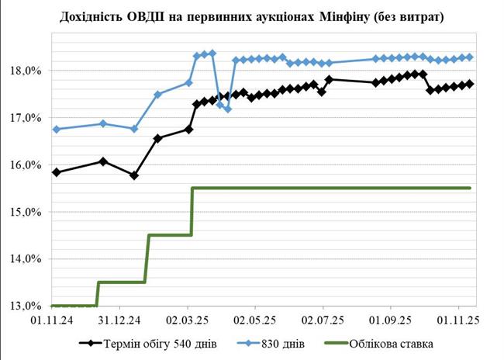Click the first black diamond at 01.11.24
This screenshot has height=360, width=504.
tap(57, 172)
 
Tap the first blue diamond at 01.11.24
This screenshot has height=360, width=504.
tap(57, 129)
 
